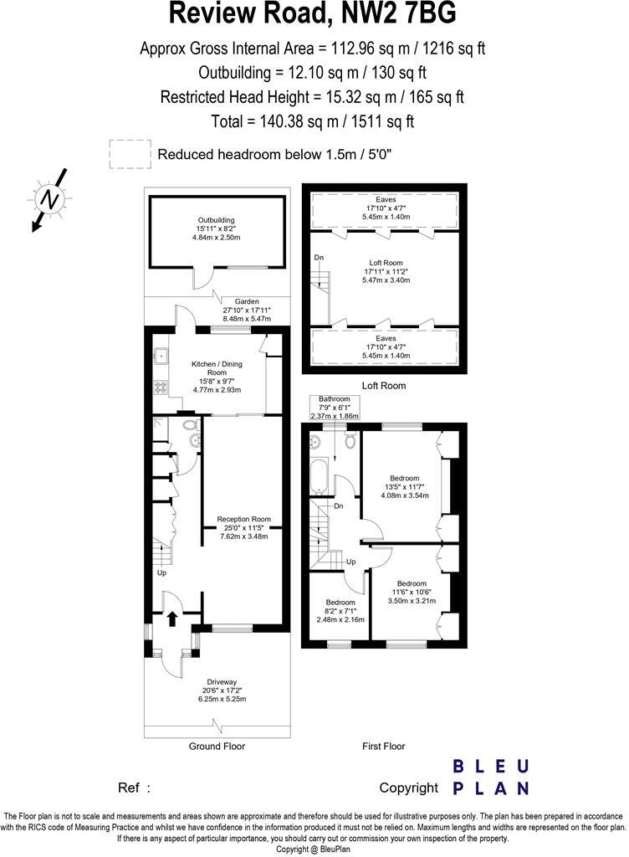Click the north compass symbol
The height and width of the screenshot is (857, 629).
[x=51, y=199]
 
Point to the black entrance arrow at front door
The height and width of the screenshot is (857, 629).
[x=172, y=618]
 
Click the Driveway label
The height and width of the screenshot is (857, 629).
[x=222, y=690]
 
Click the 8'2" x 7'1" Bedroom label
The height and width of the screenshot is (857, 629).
[x=340, y=611]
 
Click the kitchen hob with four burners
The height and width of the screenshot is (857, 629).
[x=159, y=387]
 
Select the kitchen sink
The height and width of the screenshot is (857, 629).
[x=159, y=357]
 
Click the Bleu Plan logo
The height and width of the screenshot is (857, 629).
[x=490, y=777]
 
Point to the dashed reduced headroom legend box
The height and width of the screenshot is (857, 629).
[x=128, y=154]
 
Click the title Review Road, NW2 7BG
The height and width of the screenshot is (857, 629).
[x=314, y=14]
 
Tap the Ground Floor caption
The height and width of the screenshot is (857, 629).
[x=217, y=746]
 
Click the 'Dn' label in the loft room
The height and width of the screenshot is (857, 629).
[x=319, y=258]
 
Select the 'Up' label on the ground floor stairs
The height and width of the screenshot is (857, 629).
[x=161, y=573]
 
